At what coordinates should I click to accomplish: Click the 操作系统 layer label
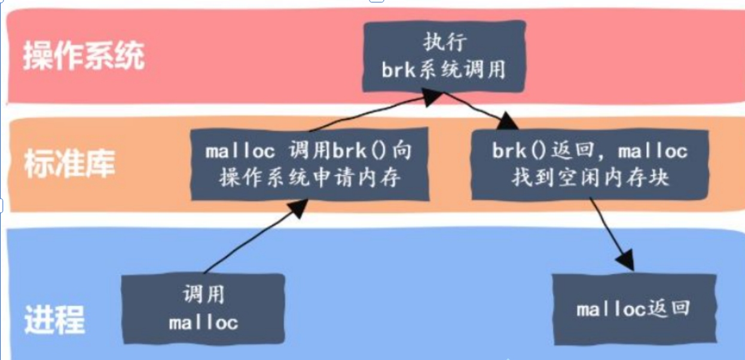tap(84, 57)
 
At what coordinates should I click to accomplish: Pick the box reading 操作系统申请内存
tap(309, 164)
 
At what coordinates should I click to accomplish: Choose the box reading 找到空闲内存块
tap(590, 164)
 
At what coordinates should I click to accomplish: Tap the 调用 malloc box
tap(203, 308)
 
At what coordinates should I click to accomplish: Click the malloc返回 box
tap(633, 309)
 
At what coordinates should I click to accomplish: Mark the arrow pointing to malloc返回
tap(610, 233)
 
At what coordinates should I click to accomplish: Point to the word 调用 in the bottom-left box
tap(203, 294)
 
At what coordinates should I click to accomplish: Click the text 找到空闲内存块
tap(590, 178)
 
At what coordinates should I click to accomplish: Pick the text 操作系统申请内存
tap(309, 178)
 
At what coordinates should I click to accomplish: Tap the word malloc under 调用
tap(203, 323)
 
